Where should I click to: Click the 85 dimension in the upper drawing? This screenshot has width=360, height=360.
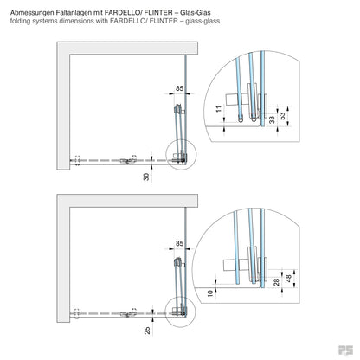click(x=178, y=87)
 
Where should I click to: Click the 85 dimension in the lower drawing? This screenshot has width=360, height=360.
click(x=178, y=243)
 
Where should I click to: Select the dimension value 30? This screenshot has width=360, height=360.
click(x=147, y=176)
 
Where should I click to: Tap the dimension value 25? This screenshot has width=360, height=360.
click(x=147, y=330)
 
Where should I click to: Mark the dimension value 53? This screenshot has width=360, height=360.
click(x=282, y=116)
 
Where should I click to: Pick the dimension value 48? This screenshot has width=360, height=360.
click(x=286, y=279)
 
